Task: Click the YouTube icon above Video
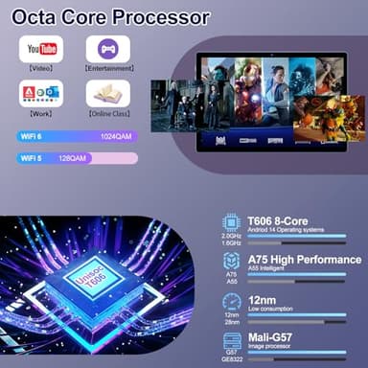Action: (x=41, y=49)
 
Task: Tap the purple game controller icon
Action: (x=107, y=49)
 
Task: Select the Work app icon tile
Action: (x=41, y=93)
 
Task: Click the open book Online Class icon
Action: (x=107, y=93)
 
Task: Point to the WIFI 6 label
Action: (x=33, y=136)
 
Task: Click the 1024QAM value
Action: (x=116, y=136)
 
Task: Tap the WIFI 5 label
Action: (x=33, y=157)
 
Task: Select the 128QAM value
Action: (x=73, y=157)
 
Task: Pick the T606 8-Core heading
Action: (x=279, y=218)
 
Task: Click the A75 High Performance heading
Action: (x=304, y=260)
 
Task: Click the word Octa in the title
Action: (x=35, y=17)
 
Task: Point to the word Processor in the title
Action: (x=162, y=17)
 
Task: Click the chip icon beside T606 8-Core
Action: (x=230, y=219)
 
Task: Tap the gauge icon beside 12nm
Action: (x=230, y=302)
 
